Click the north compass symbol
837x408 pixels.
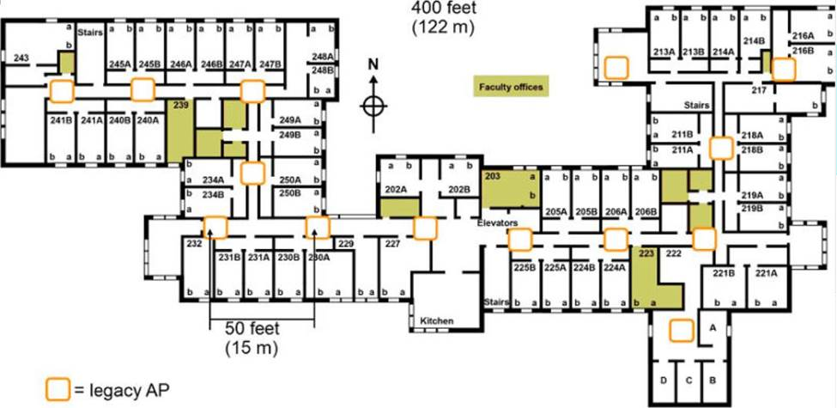pyautogui.click(x=372, y=104)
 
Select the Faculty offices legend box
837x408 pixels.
pyautogui.click(x=511, y=86)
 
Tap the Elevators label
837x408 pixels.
pyautogui.click(x=498, y=222)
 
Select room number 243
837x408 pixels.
pyautogui.click(x=22, y=58)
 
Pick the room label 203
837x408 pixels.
pyautogui.click(x=492, y=176)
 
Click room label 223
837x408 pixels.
pyautogui.click(x=646, y=253)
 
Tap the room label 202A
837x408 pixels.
pyautogui.click(x=395, y=189)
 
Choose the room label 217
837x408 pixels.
pyautogui.click(x=758, y=89)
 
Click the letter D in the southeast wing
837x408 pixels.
pyautogui.click(x=663, y=379)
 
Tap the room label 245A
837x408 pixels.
pyautogui.click(x=120, y=64)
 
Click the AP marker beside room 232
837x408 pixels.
pyautogui.click(x=215, y=227)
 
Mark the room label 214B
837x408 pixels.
pyautogui.click(x=755, y=40)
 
